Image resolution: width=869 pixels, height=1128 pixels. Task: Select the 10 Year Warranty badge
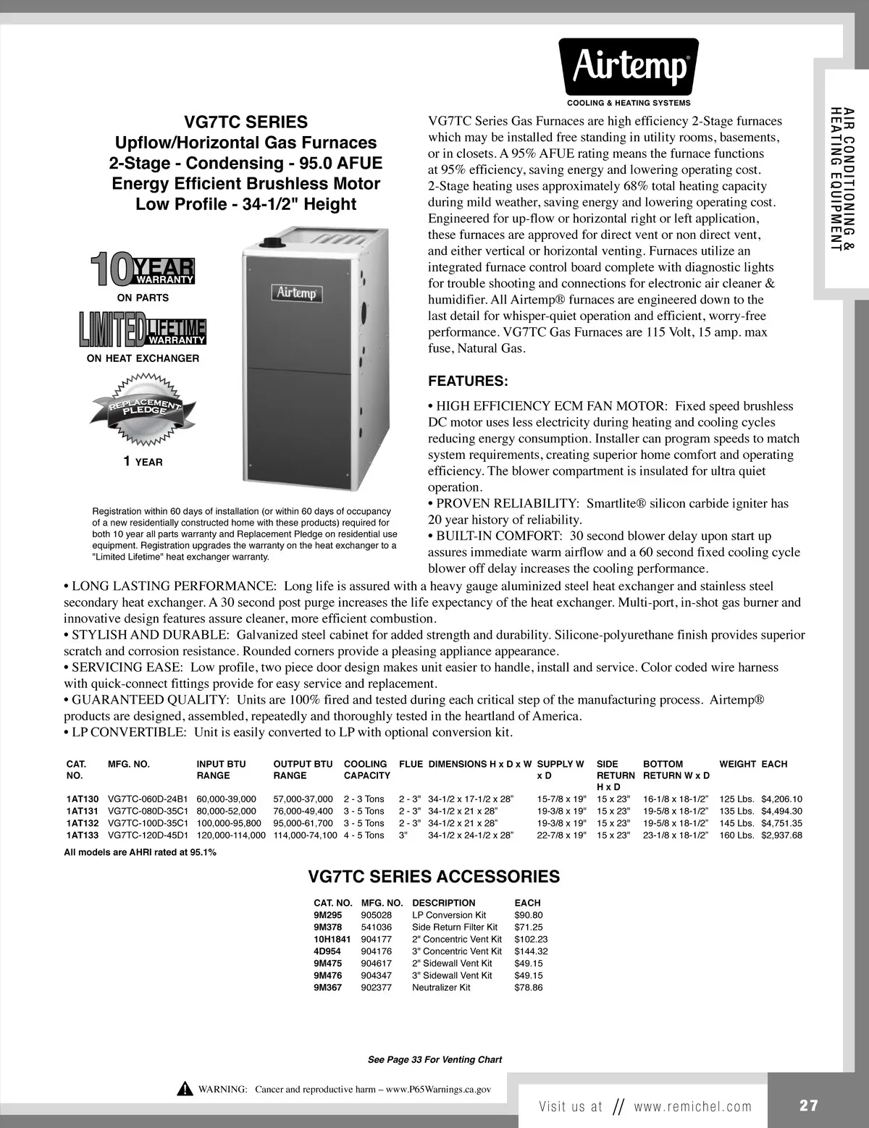pos(143,269)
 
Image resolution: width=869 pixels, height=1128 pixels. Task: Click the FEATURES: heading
pos(468,381)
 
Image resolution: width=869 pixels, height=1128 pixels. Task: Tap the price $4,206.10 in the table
pos(781,799)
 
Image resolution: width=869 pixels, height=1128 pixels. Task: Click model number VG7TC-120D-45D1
pos(148,836)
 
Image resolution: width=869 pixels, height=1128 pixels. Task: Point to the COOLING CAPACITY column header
pos(366,769)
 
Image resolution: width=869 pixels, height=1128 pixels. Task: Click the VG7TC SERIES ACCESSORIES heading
pos(434,877)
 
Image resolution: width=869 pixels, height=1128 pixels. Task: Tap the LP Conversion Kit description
pos(449,915)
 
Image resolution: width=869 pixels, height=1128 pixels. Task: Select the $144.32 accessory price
pos(531,951)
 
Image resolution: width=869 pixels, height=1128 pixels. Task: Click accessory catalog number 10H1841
pos(332,939)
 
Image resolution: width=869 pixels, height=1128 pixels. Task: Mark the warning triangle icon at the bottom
pos(185,1089)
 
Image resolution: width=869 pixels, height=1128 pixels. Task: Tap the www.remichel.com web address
pos(692,1106)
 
